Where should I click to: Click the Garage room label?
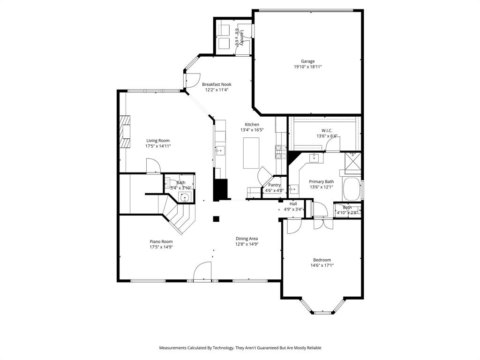tap(307, 61)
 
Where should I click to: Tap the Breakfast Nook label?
tap(217, 84)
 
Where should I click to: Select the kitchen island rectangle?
tap(251, 153)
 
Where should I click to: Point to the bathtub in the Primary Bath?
tap(352, 189)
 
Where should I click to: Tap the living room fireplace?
tap(124, 132)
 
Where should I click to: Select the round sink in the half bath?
tap(186, 197)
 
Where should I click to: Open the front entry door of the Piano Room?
tap(203, 271)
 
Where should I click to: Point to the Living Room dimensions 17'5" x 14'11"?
tap(157, 146)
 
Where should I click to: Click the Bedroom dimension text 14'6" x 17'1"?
tap(322, 265)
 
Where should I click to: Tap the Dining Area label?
tap(247, 239)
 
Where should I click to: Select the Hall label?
tap(293, 204)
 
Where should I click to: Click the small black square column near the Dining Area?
tap(216, 218)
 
